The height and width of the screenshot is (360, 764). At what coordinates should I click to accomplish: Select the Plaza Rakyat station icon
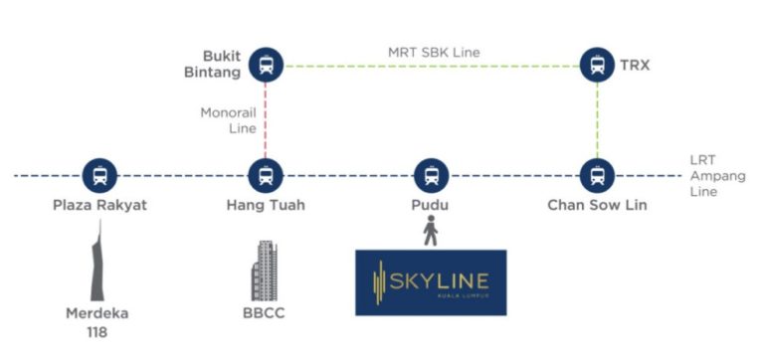(x=99, y=176)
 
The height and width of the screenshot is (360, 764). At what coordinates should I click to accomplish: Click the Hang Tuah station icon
(x=266, y=176)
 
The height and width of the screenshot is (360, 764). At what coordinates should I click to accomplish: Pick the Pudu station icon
(x=431, y=176)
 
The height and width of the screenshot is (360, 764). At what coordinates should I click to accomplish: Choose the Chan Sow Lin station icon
(x=597, y=176)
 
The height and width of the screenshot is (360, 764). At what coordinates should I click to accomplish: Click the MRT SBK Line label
(x=431, y=52)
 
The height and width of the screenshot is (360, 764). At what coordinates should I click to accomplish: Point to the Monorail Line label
(x=228, y=120)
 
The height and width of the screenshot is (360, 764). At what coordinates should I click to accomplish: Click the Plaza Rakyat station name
(x=99, y=206)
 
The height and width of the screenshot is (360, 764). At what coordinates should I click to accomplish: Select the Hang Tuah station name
(x=266, y=206)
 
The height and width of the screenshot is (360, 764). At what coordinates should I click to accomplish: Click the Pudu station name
(x=431, y=206)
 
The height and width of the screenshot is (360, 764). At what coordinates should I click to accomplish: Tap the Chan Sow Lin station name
(x=597, y=206)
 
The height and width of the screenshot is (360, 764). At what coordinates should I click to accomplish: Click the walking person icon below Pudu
(x=431, y=232)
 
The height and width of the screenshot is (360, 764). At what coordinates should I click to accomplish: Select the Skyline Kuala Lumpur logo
(x=431, y=282)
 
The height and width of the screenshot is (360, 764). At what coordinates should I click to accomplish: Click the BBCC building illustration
(x=266, y=269)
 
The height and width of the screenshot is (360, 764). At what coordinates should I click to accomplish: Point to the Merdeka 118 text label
(x=97, y=322)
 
